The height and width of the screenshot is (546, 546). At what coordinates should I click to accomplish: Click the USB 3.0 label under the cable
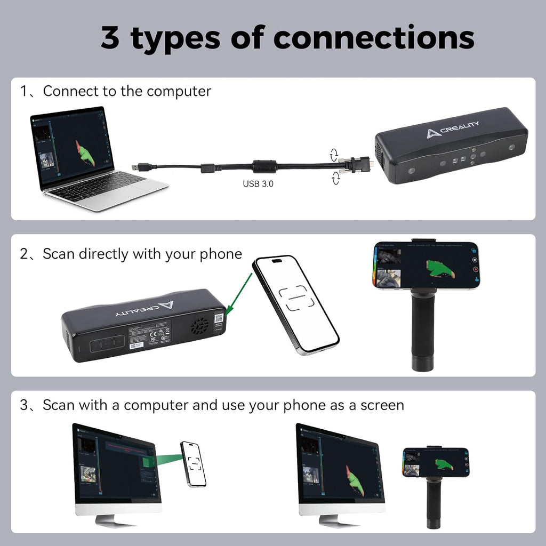[x=259, y=184]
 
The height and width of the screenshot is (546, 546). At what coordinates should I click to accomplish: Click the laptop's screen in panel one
[x=71, y=145]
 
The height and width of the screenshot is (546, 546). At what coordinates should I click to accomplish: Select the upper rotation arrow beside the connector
[x=334, y=155]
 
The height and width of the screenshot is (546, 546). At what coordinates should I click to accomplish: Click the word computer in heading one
[x=179, y=91]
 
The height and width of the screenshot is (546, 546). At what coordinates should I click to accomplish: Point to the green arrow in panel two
[x=239, y=292]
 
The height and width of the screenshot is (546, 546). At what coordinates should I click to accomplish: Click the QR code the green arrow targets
[x=219, y=319]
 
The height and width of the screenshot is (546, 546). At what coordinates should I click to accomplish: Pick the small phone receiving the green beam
[x=194, y=463]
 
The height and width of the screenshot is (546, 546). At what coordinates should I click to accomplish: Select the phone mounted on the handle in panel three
[x=436, y=462]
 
